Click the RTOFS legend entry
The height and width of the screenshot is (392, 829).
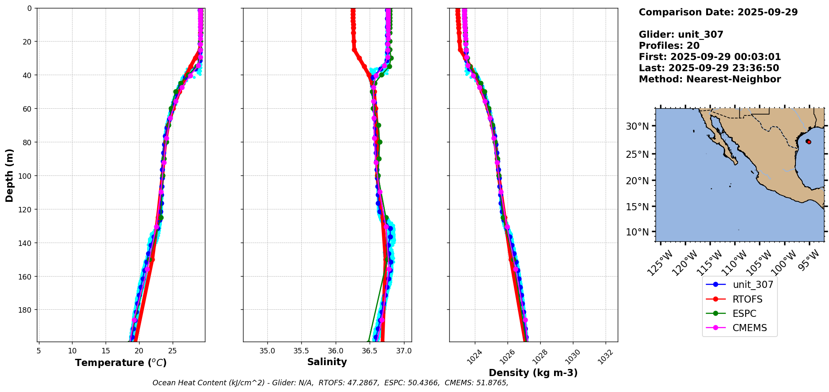coord(747,299)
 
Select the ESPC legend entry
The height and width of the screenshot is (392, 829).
coord(744,314)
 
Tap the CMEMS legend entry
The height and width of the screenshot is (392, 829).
coord(749,328)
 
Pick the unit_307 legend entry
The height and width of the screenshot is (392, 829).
coord(753,285)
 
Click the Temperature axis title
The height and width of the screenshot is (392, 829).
coord(121,363)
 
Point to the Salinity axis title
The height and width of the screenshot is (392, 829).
coord(327,362)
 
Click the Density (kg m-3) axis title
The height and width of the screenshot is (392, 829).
coord(533,373)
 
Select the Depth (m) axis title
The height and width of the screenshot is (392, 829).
coord(9,175)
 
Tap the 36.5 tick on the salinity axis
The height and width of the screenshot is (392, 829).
coord(369,351)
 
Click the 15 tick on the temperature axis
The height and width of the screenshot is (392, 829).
coord(106,351)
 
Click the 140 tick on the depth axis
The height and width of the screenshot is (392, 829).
coord(26,243)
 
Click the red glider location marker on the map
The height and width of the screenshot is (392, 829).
coord(808,142)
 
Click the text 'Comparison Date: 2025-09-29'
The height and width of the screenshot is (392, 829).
coord(718,12)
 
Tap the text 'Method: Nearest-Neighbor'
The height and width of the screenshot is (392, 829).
coord(710,79)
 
